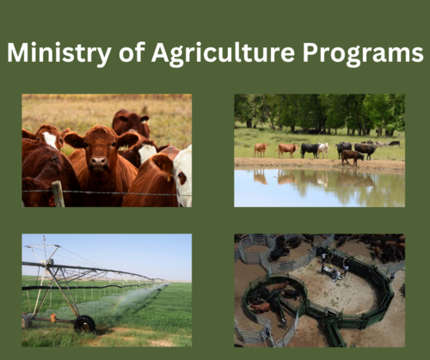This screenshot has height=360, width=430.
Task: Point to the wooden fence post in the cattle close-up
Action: click(x=58, y=194)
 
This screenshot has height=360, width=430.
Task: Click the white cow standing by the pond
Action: click(x=322, y=149)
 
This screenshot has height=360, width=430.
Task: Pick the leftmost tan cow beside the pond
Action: click(x=260, y=149)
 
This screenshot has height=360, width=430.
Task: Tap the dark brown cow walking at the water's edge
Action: click(x=352, y=157)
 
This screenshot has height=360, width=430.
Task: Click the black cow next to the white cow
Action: click(x=309, y=149)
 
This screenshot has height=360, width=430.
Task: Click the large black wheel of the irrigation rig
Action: click(x=84, y=325)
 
